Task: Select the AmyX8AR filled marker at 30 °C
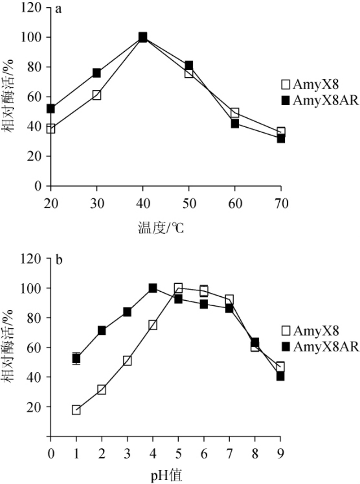[97, 73]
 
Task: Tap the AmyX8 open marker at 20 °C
[51, 129]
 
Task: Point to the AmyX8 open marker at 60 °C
[235, 113]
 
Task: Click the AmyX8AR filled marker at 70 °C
[281, 138]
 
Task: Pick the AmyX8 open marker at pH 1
[76, 410]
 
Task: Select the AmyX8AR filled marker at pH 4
[153, 288]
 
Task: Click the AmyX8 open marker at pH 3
[127, 361]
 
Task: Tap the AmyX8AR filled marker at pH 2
[102, 331]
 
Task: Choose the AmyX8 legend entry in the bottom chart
[309, 331]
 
